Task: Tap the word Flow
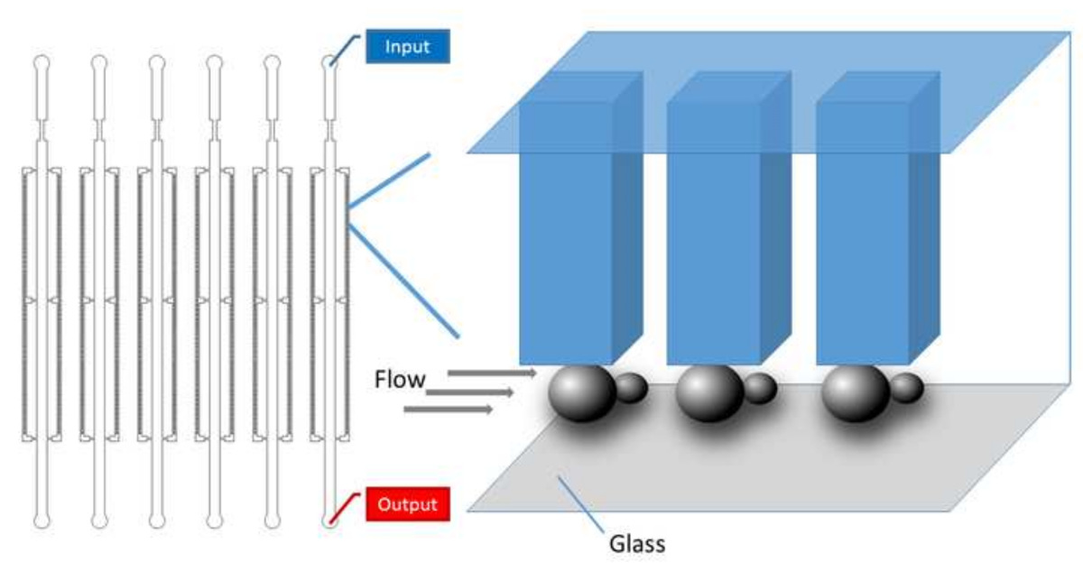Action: [400, 380]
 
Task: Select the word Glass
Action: [637, 543]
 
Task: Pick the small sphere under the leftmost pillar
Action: [631, 388]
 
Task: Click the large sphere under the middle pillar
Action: [709, 392]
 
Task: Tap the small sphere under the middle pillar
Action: [760, 388]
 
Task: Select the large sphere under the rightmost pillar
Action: [856, 392]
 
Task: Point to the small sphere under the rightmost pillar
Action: [905, 388]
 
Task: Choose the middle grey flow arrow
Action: [470, 392]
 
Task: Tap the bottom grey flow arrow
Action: [449, 410]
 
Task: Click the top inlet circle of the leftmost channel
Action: [42, 64]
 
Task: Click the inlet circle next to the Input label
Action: [329, 64]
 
